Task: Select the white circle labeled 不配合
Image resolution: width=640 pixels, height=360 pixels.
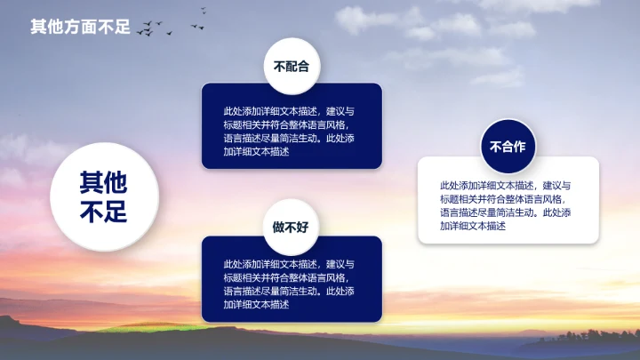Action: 291,66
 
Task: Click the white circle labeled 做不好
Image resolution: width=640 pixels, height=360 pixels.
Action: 291,227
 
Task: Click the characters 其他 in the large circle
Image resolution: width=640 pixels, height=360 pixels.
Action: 104,183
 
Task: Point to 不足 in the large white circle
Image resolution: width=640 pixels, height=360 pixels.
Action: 104,212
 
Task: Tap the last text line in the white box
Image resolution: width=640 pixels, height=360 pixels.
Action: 472,226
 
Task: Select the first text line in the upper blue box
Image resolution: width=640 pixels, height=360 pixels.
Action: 289,112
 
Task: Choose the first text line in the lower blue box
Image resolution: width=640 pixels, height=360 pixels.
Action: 289,265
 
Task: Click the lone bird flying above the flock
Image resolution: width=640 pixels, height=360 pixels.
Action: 204,11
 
